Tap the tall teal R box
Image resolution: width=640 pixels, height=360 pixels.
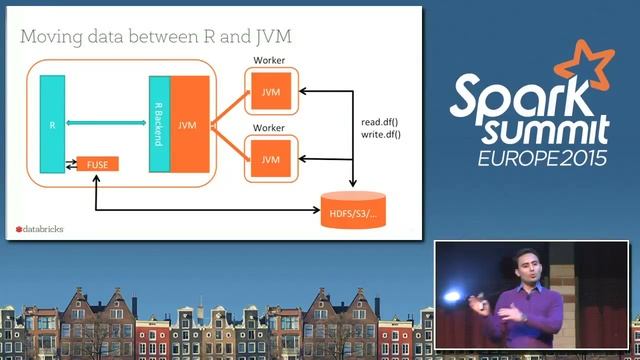(51, 126)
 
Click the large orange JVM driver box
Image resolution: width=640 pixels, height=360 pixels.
(190, 125)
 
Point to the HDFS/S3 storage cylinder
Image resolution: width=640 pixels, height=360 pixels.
(350, 208)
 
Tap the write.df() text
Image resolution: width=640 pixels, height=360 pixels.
(381, 135)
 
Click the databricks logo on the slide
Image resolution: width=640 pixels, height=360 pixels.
(40, 229)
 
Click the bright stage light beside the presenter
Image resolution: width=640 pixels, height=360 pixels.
(452, 296)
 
